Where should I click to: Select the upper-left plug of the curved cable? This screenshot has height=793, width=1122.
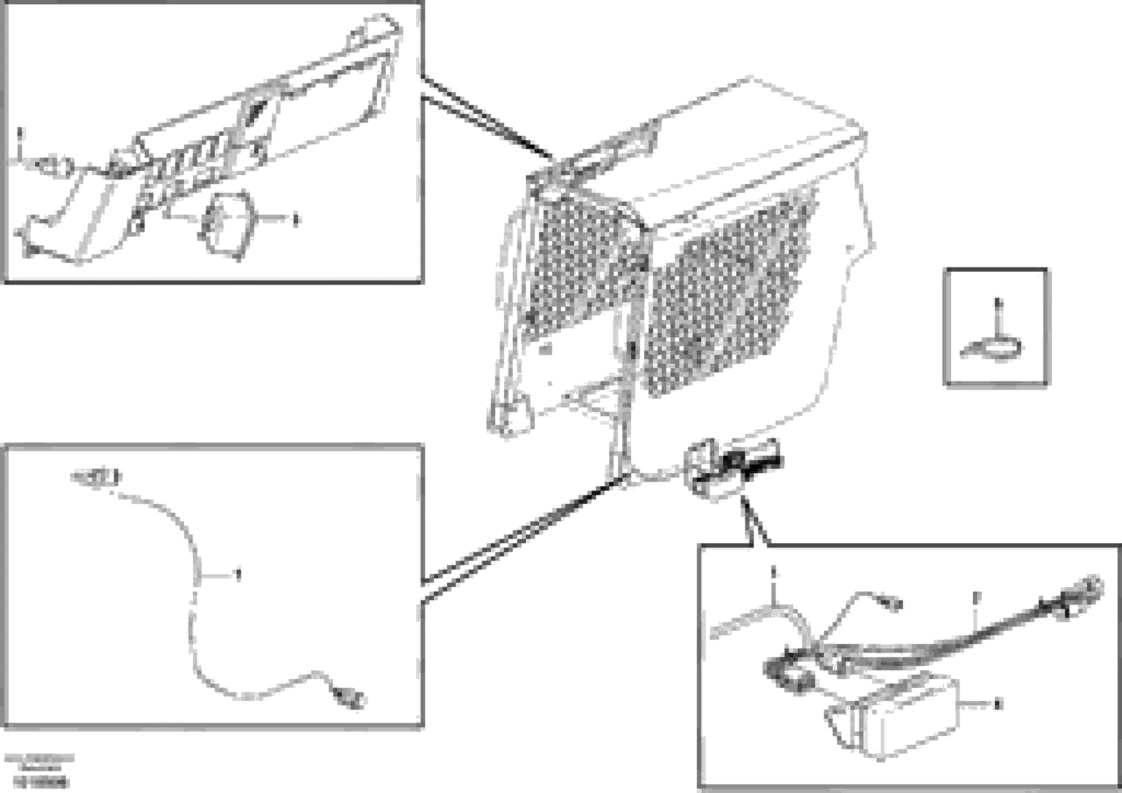(98, 477)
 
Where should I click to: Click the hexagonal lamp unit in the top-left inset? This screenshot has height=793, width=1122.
(228, 223)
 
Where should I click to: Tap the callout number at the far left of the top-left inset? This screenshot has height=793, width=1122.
(20, 132)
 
